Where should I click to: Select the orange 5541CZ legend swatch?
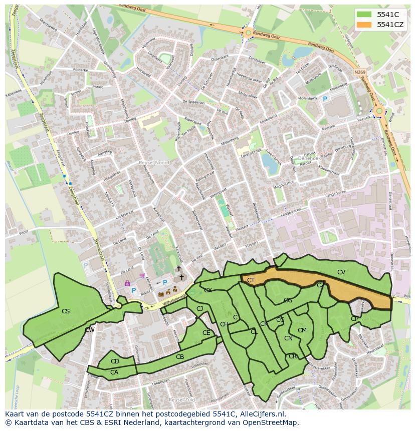[x=365, y=25]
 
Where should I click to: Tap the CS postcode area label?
[x=66, y=311]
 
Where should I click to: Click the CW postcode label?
[x=90, y=329]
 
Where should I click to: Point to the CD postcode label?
[x=115, y=361]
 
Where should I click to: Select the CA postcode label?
[x=114, y=372]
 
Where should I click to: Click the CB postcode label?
[x=180, y=357]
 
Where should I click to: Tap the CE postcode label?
[x=206, y=332]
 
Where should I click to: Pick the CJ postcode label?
[x=199, y=309]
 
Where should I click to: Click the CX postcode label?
[x=208, y=290]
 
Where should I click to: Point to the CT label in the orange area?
[x=251, y=281]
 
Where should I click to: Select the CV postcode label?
[x=341, y=272]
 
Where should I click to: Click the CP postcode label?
[x=355, y=318]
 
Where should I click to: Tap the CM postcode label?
[x=302, y=330]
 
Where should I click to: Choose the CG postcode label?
[x=288, y=300]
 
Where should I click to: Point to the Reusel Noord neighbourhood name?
[x=154, y=163]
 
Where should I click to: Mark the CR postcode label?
[x=293, y=356]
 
